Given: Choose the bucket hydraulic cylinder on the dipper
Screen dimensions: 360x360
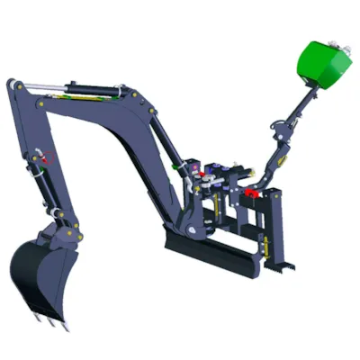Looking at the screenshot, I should click(40, 180).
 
